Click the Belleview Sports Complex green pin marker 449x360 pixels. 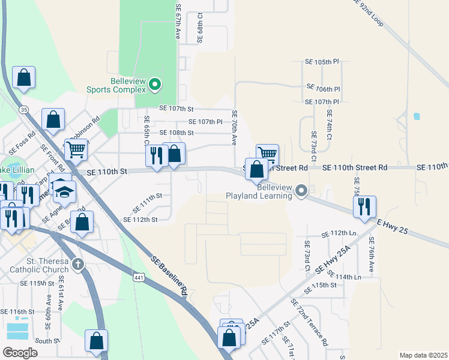(x=155, y=85)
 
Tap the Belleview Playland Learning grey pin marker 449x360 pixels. (x=301, y=191)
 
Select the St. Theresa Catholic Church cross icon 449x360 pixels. (x=77, y=264)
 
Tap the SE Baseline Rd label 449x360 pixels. (x=170, y=275)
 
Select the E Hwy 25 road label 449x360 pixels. (x=394, y=227)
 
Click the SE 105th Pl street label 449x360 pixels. (x=323, y=62)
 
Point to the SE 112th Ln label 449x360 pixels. (x=339, y=233)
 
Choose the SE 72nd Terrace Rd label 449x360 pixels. (x=309, y=322)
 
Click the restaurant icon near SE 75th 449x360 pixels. (x=364, y=206)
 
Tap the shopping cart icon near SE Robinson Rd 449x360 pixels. (x=76, y=149)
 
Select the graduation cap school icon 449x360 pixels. (x=64, y=191)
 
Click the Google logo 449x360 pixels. (x=20, y=352)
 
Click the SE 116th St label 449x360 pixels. (x=18, y=312)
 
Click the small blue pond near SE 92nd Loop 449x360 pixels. (x=417, y=116)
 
